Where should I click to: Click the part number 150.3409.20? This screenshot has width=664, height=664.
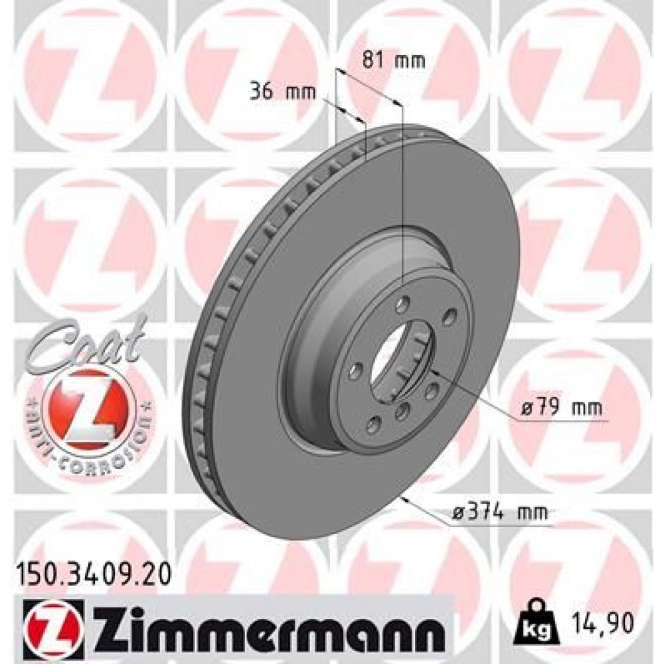[93, 569]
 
